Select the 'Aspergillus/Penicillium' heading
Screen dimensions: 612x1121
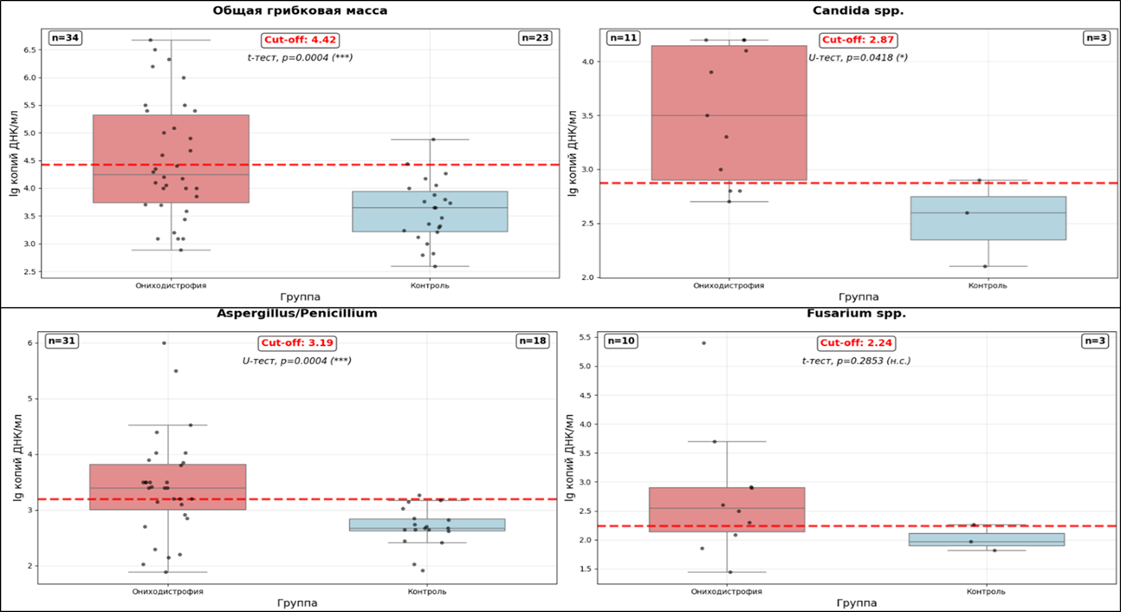click(x=296, y=313)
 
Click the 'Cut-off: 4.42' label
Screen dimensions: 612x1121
click(x=300, y=39)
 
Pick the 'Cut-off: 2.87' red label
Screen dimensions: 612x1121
click(x=858, y=39)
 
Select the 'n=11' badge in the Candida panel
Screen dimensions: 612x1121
click(x=622, y=37)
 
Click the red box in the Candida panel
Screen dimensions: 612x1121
click(x=729, y=113)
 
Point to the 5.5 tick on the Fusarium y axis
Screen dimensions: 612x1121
click(x=584, y=337)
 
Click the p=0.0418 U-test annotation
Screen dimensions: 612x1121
click(x=858, y=57)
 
